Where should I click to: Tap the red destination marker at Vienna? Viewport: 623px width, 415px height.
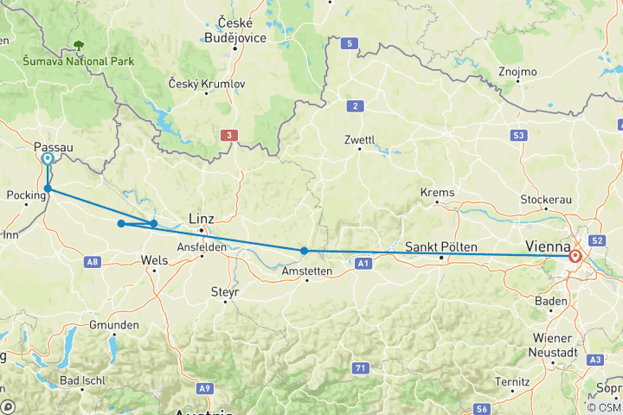[x=575, y=256]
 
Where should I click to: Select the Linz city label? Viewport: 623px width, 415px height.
[x=201, y=219]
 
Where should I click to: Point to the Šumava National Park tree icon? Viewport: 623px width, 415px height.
[x=80, y=45]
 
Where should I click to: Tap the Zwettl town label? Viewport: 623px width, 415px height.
[x=359, y=138]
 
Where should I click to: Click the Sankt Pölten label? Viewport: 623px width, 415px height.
[x=441, y=247]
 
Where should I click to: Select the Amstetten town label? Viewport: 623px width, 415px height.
[x=308, y=271]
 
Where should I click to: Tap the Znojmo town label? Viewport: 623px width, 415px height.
[x=517, y=72]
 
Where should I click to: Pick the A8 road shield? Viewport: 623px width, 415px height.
[x=93, y=260]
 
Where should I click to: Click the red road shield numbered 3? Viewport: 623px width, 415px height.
[x=228, y=135]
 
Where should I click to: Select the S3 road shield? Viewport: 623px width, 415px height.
[x=519, y=135]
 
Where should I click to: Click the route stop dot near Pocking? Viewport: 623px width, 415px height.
[x=48, y=188]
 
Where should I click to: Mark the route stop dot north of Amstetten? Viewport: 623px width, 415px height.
[x=304, y=251]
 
